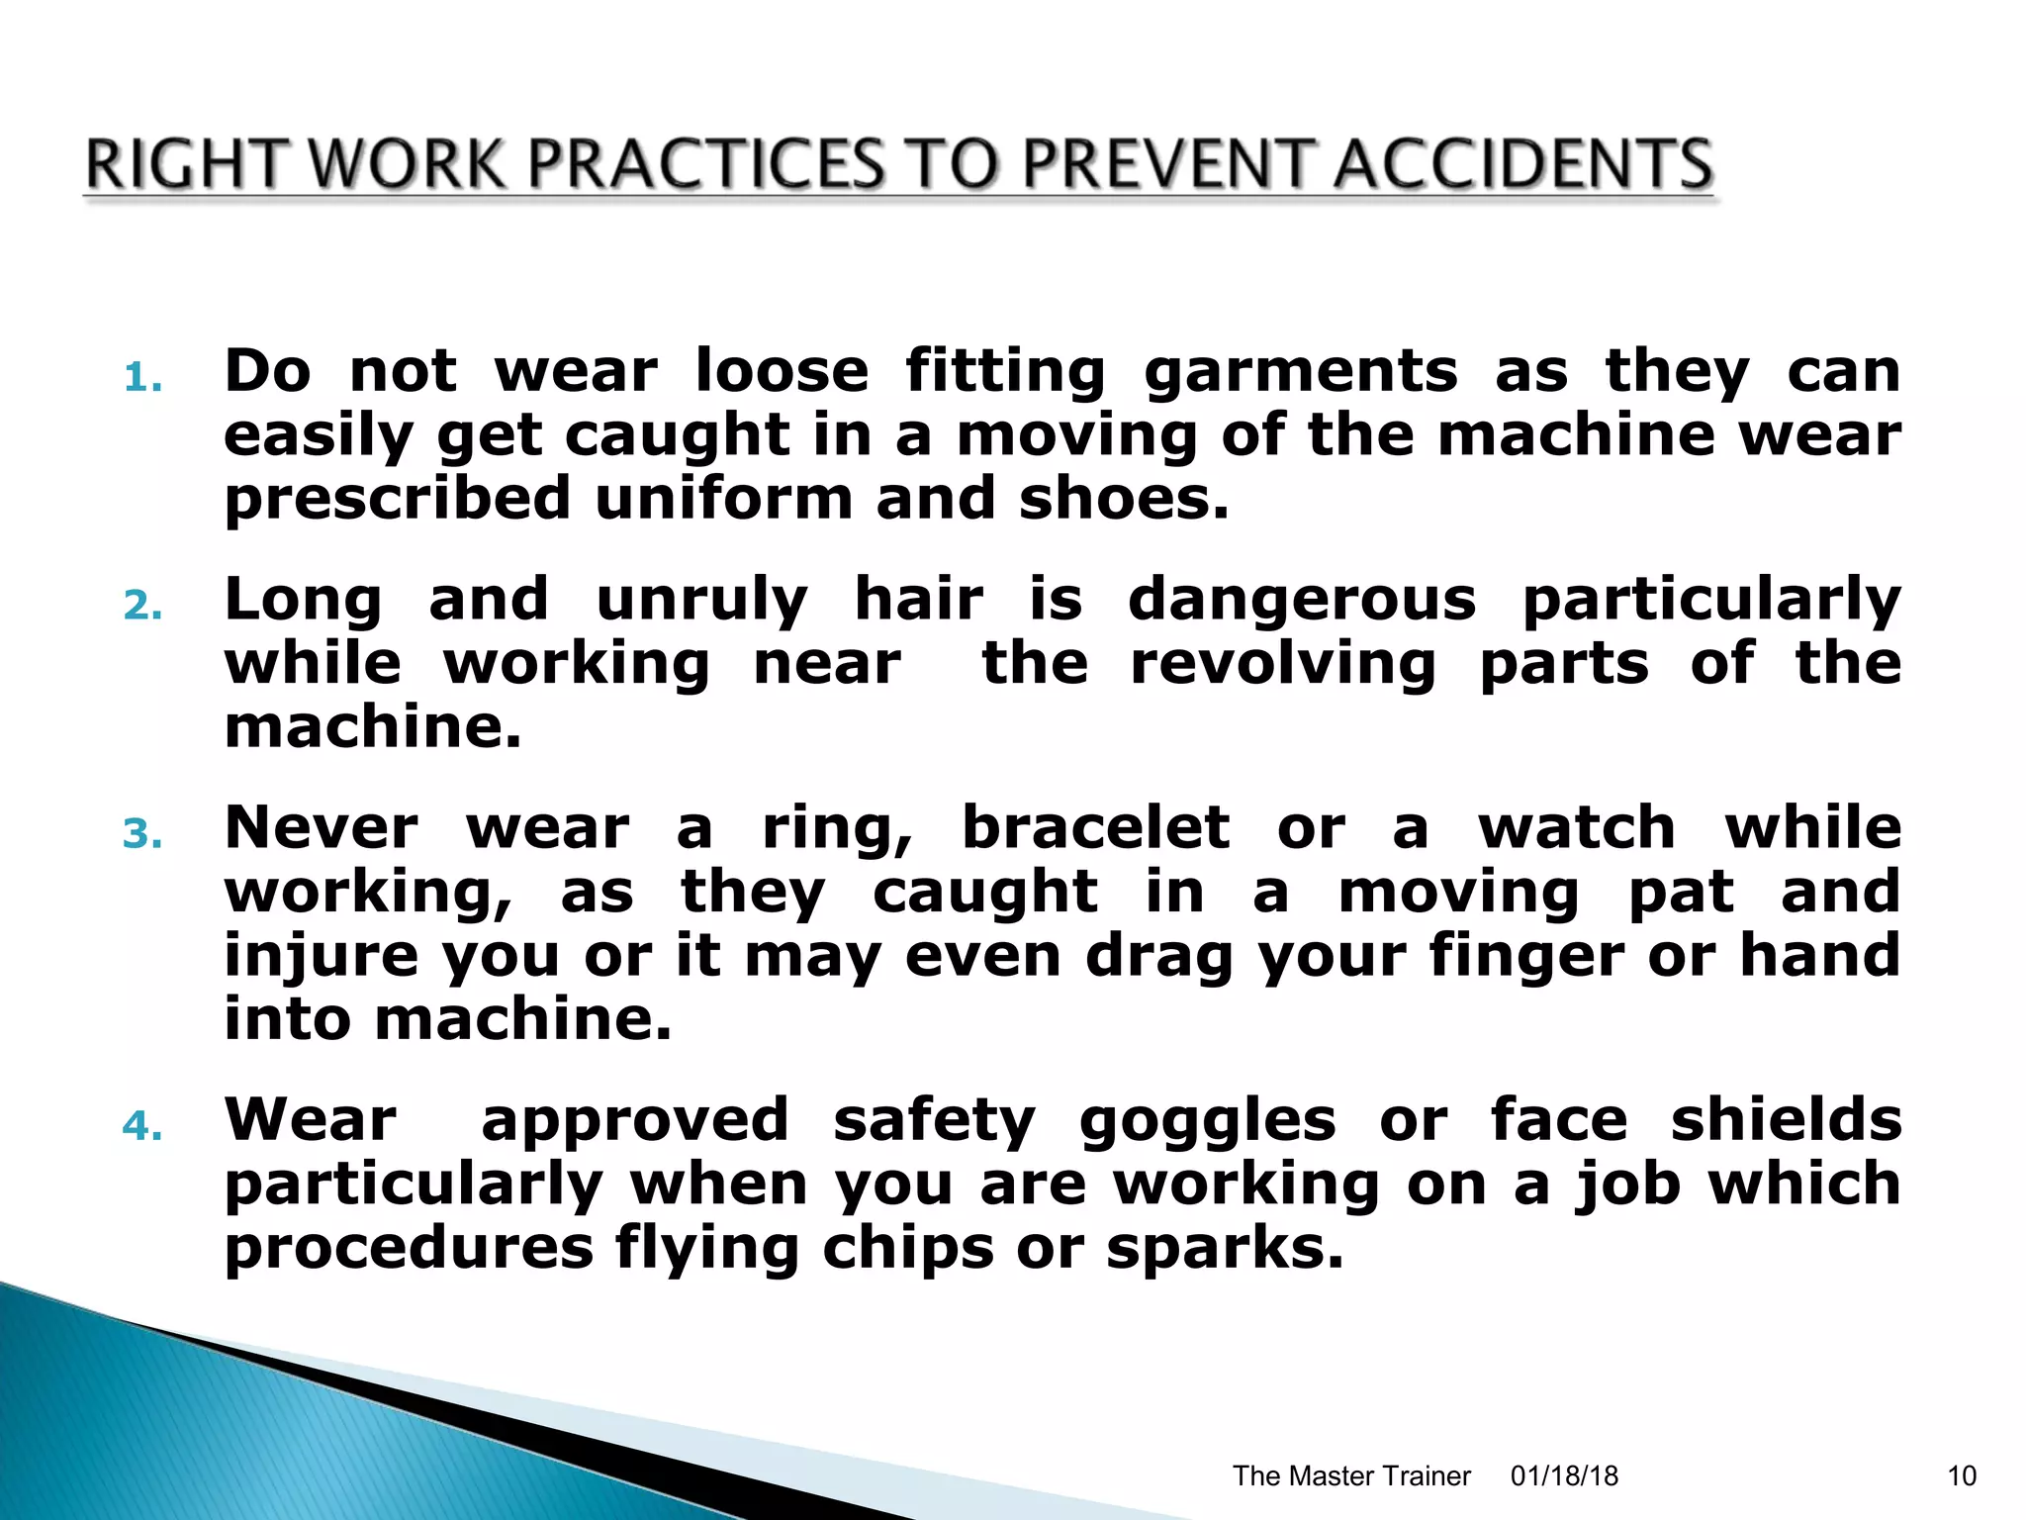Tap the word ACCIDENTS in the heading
[1522, 164]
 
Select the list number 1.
[142, 378]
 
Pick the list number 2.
[142, 606]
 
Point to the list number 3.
[142, 834]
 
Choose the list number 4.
[142, 1126]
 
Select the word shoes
[1124, 498]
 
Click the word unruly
[701, 602]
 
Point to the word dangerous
[1301, 602]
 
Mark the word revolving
[1282, 664]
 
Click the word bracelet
[1095, 828]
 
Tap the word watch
[1577, 828]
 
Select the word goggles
[1207, 1122]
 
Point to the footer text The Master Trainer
[1351, 1475]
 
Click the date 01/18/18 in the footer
[1564, 1475]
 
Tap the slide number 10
[1962, 1475]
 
